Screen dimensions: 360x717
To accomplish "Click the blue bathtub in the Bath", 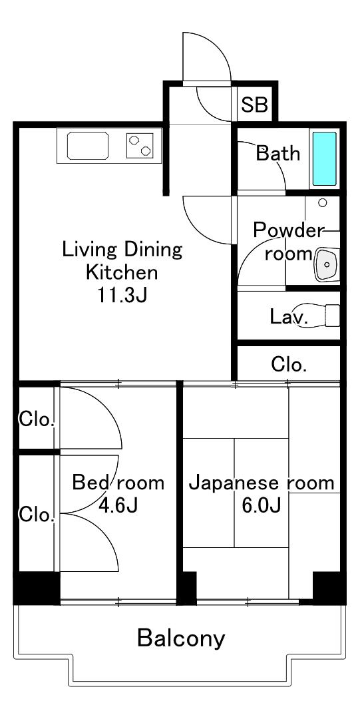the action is pos(324,158).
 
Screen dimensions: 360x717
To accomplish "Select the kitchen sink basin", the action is pos(88,145).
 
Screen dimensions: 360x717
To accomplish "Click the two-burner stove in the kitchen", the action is pos(140,145).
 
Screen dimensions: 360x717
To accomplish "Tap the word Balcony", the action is pos(181,638).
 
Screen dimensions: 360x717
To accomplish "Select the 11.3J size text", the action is pos(122,296).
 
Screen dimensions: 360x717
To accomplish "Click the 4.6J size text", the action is pos(118,505).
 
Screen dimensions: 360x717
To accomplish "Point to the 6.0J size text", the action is pos(262,505).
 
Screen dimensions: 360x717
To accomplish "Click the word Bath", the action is pos(278,153).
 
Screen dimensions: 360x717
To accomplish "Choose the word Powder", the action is pos(288,230).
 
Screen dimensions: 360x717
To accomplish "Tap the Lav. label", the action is pos(289,317).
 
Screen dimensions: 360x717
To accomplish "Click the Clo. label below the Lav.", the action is pos(288,364).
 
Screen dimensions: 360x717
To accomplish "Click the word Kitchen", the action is pos(122,272).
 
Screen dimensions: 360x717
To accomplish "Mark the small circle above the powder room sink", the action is pos(323,202).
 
